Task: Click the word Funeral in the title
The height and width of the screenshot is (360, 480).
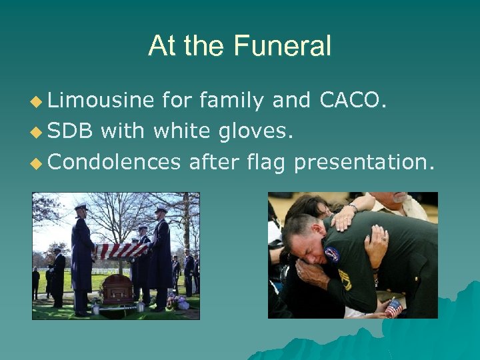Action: (x=282, y=46)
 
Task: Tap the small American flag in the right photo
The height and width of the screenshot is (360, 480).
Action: (x=394, y=308)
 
